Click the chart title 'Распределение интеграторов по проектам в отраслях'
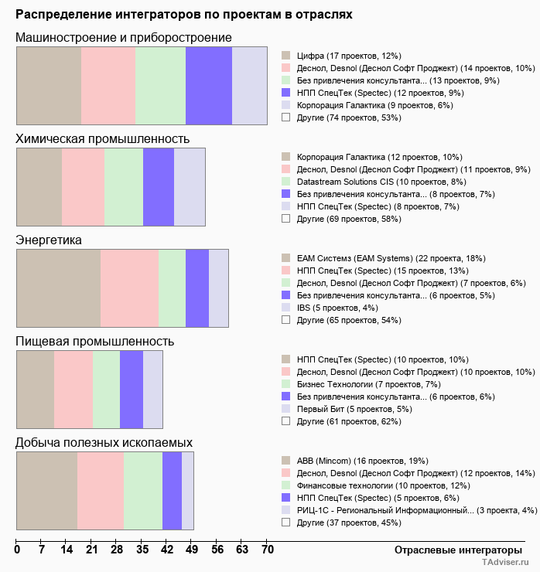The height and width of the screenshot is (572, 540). point(184,15)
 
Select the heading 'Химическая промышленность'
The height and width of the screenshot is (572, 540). point(102,138)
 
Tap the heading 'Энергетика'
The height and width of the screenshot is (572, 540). point(49,240)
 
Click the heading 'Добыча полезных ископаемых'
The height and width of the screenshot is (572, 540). point(104,442)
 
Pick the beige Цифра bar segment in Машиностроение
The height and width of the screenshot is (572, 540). point(49,85)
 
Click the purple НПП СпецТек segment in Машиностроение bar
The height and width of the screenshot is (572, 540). point(209,85)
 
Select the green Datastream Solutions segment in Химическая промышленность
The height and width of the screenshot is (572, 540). point(124,186)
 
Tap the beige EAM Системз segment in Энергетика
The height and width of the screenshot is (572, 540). point(59,288)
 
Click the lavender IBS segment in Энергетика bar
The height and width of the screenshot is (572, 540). point(218,288)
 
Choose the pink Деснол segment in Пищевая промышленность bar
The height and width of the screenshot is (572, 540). point(73,389)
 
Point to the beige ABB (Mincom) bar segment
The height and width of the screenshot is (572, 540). point(47,491)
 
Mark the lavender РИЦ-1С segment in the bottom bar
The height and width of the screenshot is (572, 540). point(187,491)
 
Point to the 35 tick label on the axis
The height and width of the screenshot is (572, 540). point(142,550)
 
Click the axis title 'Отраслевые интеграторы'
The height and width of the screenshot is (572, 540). point(453,550)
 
